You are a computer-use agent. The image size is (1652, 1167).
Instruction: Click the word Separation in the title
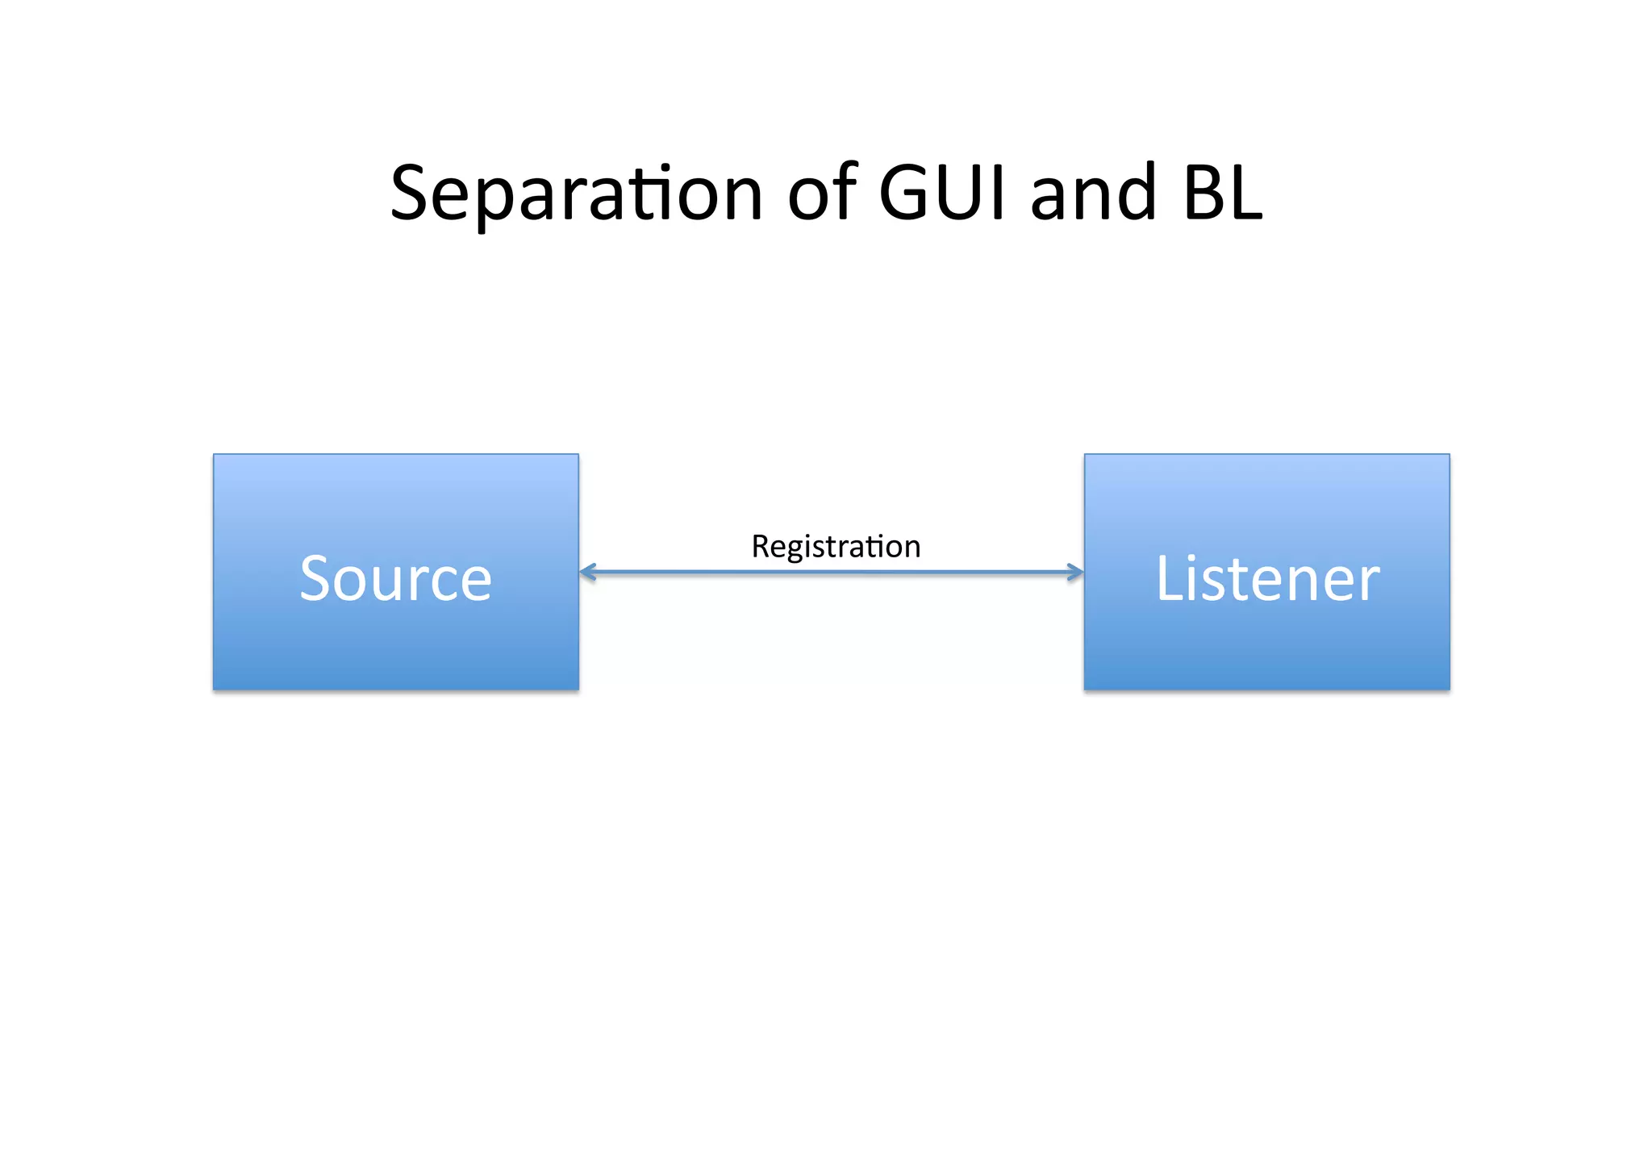(x=576, y=194)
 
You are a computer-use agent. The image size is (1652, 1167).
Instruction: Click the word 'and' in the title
(x=1093, y=194)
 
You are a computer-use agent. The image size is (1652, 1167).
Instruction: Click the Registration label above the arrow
(x=836, y=547)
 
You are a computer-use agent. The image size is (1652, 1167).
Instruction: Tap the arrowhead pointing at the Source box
(x=587, y=573)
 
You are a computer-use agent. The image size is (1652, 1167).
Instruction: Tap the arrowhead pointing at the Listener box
(x=1075, y=573)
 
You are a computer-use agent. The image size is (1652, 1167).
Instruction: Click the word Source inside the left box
(x=395, y=578)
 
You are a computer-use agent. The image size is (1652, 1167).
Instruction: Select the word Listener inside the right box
(x=1267, y=578)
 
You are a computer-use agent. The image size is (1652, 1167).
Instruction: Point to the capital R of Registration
(x=760, y=547)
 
